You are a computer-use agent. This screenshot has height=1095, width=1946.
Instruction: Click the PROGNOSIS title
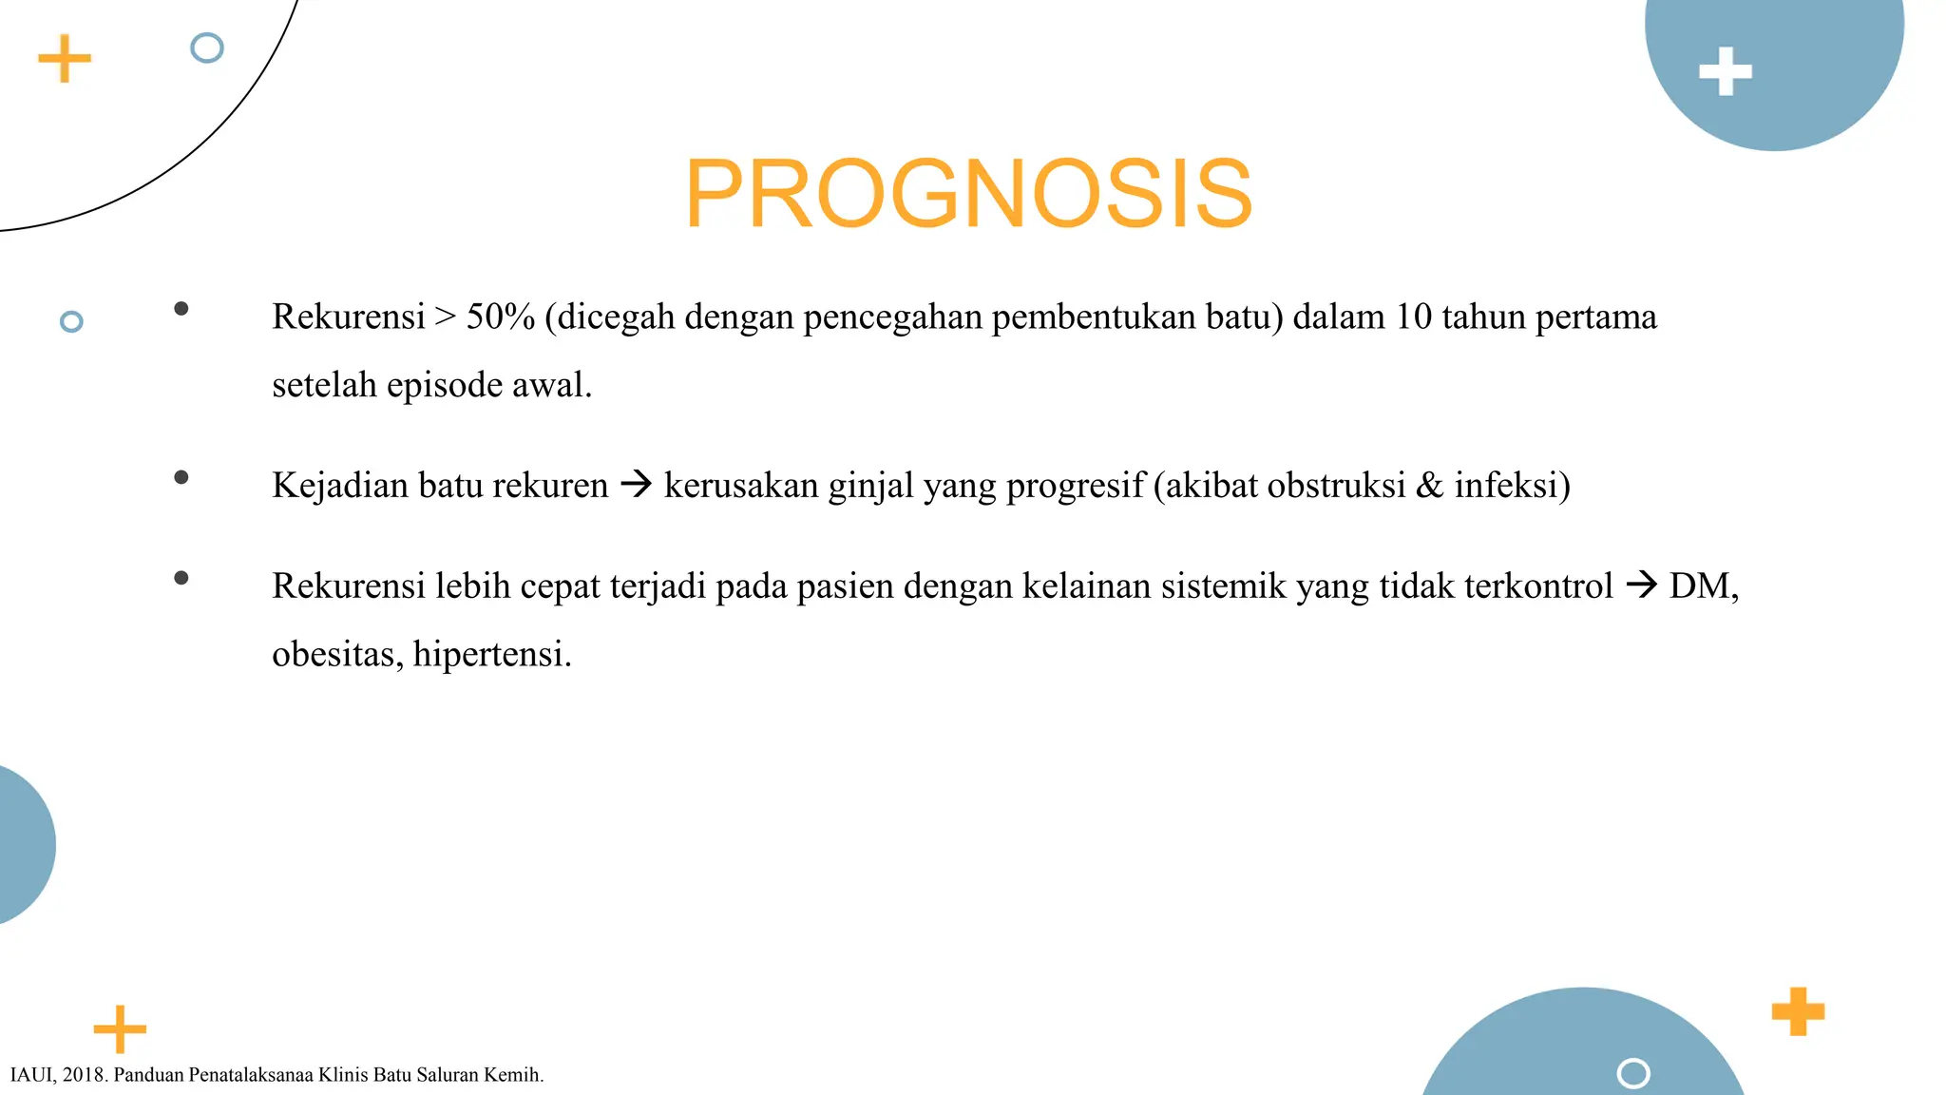coord(968,194)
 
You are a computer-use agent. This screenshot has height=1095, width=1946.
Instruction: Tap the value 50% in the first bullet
coord(501,317)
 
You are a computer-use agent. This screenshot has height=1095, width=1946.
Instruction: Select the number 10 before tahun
coord(1413,317)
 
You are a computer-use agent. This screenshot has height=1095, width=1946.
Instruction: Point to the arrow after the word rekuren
coord(636,485)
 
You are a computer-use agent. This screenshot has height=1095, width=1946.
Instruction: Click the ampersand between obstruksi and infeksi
coord(1429,486)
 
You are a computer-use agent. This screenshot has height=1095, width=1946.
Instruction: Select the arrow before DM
coord(1641,585)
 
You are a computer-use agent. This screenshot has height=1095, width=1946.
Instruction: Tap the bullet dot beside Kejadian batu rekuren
coord(181,477)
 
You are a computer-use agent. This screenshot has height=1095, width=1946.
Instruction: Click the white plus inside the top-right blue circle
coord(1725,71)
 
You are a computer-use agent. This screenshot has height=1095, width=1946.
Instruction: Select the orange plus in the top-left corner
coord(65,59)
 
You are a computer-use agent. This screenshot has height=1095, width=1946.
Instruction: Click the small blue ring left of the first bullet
coord(71,321)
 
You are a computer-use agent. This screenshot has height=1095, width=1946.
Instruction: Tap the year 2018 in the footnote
coord(85,1075)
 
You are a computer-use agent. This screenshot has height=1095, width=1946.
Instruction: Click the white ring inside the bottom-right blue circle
coord(1632,1073)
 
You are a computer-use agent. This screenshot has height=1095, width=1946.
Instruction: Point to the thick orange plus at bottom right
coord(1798,1011)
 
